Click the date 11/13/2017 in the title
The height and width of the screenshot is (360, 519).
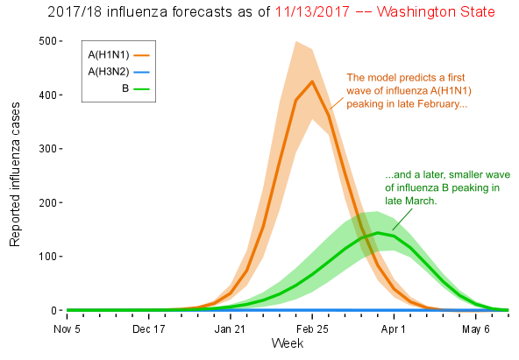pos(312,12)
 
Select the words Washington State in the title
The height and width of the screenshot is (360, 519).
pos(436,12)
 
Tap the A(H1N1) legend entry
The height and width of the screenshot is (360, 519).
pos(119,55)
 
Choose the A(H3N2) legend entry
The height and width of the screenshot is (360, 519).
pos(119,72)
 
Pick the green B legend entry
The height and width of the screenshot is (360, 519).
pos(136,88)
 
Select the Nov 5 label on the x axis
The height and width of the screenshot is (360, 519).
pos(67,329)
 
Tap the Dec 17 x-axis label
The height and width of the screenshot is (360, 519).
pos(149,329)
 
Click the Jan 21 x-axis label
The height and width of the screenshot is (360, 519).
pos(230,329)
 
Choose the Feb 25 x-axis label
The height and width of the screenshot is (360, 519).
pos(312,329)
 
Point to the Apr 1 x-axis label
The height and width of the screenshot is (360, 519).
pos(394,329)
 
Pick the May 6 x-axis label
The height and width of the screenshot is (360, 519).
pos(476,329)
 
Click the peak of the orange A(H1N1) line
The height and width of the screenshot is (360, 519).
pos(312,81)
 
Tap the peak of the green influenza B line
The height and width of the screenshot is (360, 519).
pos(378,233)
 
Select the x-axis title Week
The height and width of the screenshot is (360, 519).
pos(288,343)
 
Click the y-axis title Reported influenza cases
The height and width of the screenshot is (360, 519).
pos(15,174)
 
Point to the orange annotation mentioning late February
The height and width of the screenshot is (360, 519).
pos(409,90)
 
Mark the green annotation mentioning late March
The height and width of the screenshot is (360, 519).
pos(447,187)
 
